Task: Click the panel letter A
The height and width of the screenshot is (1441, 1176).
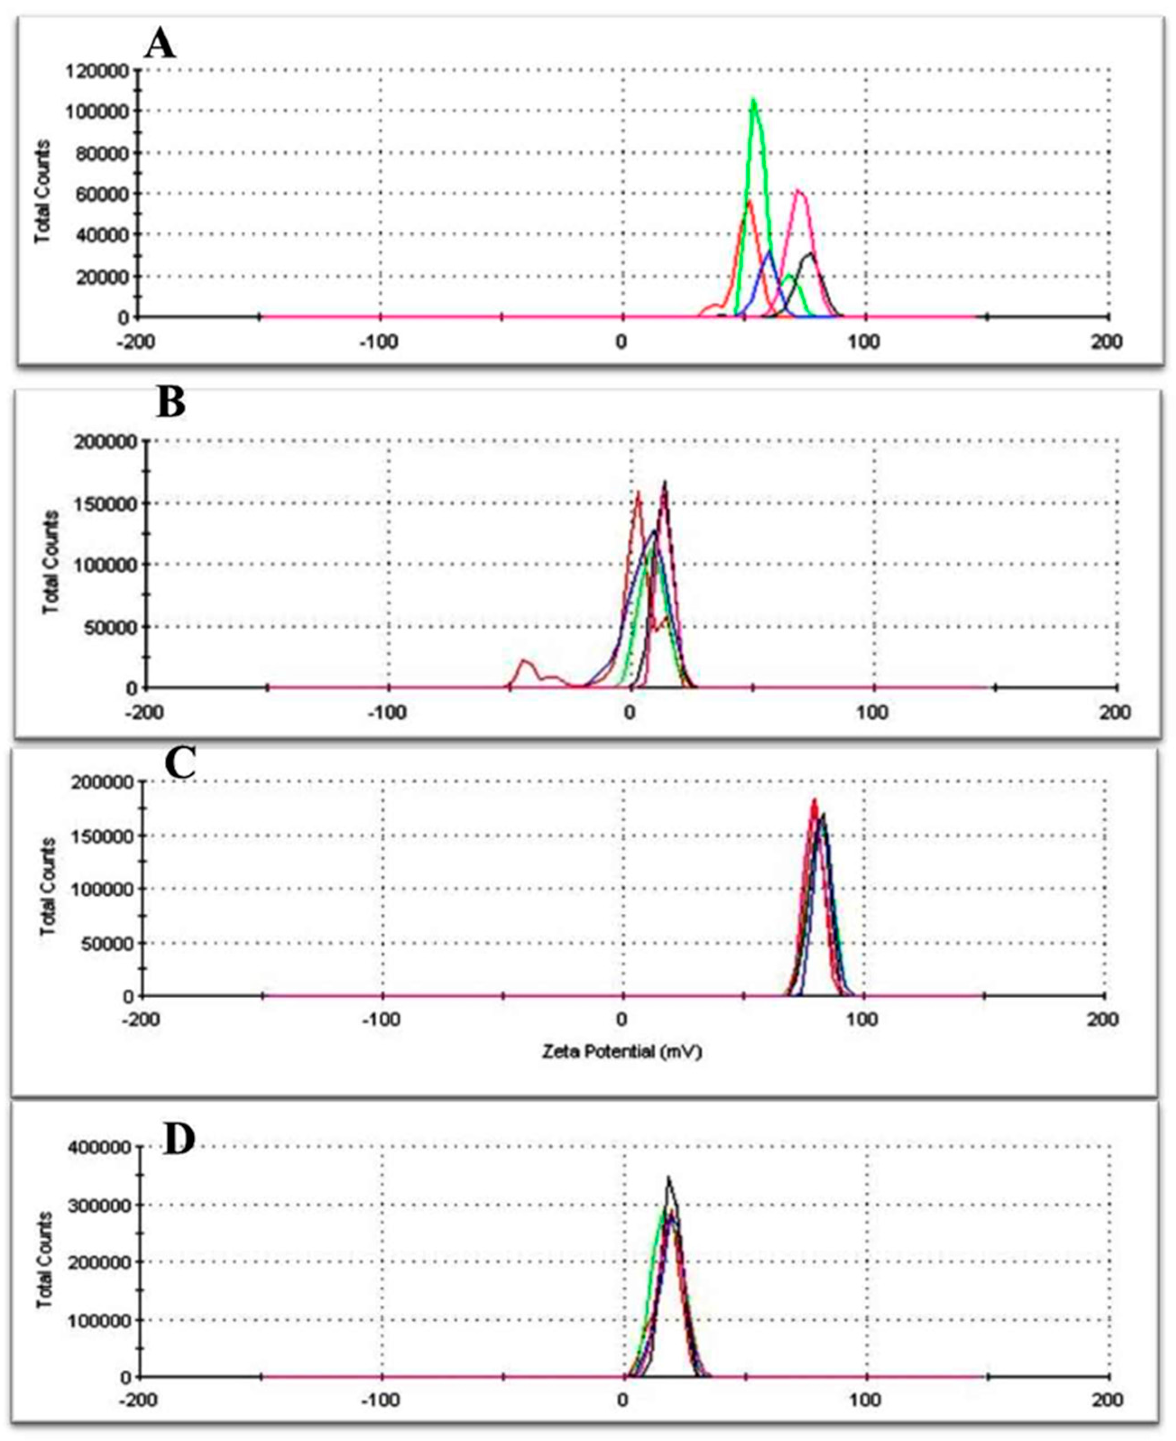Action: click(161, 46)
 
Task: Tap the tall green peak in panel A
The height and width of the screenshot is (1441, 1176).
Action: click(753, 102)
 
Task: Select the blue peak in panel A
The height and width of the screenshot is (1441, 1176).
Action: click(769, 253)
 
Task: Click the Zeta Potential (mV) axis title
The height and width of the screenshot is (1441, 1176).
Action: click(621, 1052)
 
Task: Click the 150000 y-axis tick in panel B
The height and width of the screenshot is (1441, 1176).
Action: click(106, 503)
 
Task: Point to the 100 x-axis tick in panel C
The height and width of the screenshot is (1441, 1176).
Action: click(863, 1019)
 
